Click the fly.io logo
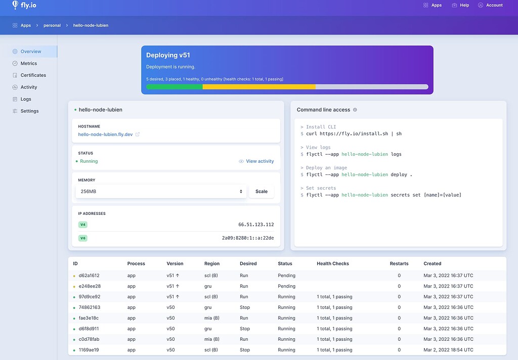pyautogui.click(x=24, y=6)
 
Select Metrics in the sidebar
pyautogui.click(x=28, y=63)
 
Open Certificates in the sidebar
pyautogui.click(x=33, y=75)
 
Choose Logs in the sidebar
pyautogui.click(x=26, y=99)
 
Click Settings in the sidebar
pyautogui.click(x=29, y=111)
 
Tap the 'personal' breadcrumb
pyautogui.click(x=52, y=25)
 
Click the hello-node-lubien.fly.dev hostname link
pyautogui.click(x=105, y=134)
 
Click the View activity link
pyautogui.click(x=260, y=161)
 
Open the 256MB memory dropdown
pyautogui.click(x=161, y=192)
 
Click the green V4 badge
pyautogui.click(x=83, y=224)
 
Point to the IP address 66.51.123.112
pyautogui.click(x=256, y=224)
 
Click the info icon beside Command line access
pyautogui.click(x=355, y=110)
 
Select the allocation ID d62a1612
pyautogui.click(x=89, y=276)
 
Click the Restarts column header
pyautogui.click(x=399, y=263)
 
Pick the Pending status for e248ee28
pyautogui.click(x=286, y=286)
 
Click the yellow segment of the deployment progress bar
pyautogui.click(x=258, y=87)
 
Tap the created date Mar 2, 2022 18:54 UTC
pyautogui.click(x=448, y=350)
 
